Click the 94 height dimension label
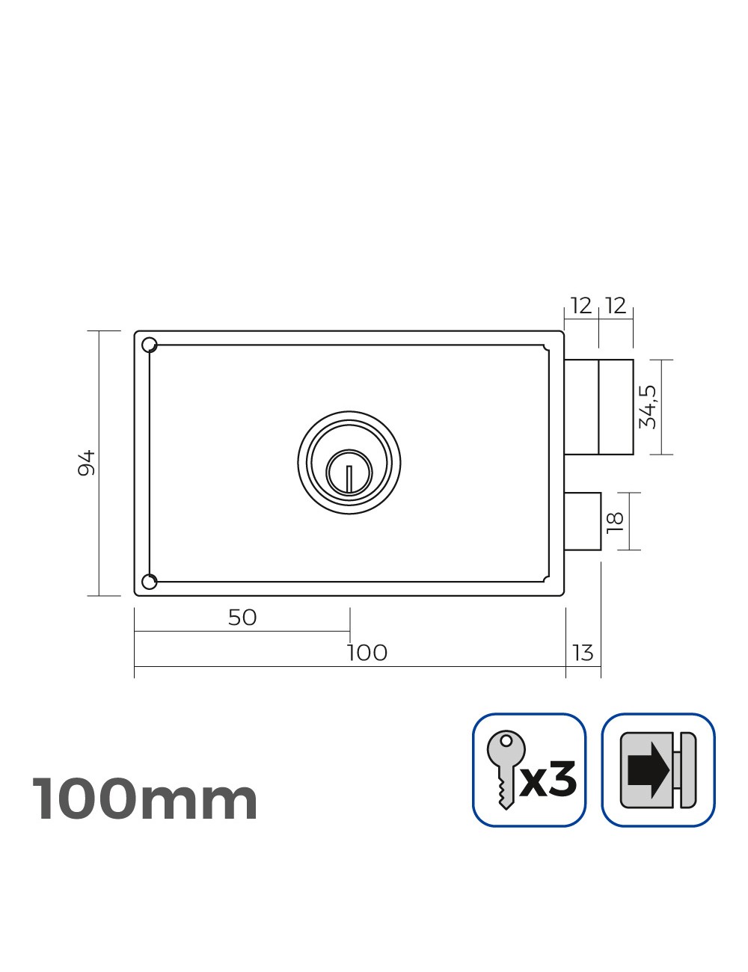[87, 463]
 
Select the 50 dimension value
[242, 618]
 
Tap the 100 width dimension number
[367, 653]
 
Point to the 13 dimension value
[583, 653]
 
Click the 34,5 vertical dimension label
[648, 407]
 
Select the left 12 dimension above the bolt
[580, 306]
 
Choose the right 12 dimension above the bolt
[615, 306]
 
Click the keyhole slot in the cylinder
[349, 477]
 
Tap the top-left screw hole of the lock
[150, 344]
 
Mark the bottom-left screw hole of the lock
[150, 582]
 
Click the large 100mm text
[145, 799]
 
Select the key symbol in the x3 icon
[504, 767]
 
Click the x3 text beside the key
[549, 780]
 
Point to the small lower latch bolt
[583, 521]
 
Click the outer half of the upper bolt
[616, 407]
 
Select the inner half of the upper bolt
[582, 407]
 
